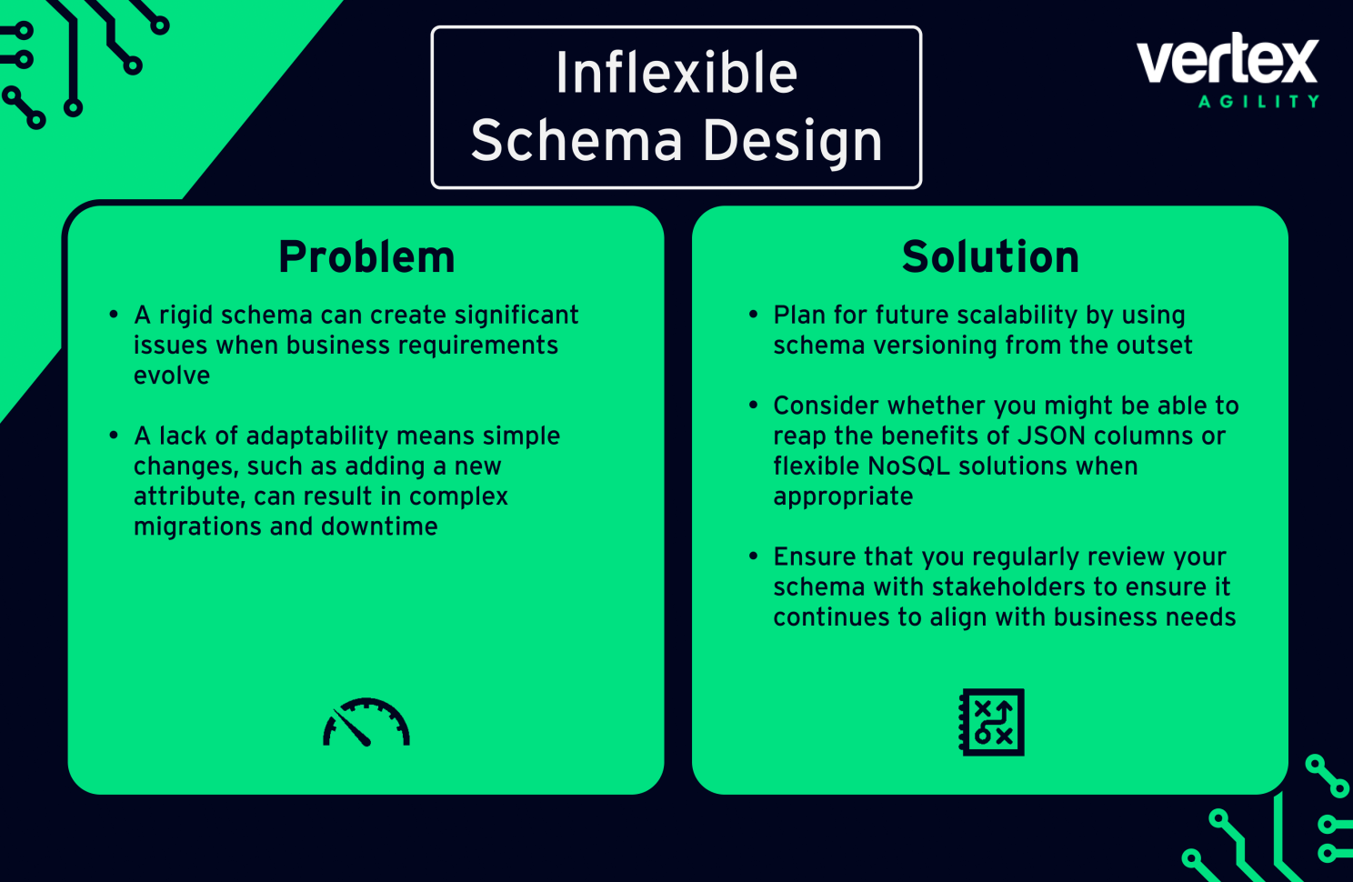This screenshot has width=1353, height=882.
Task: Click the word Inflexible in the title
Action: [x=676, y=73]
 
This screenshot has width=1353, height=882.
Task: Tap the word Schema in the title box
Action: [x=576, y=141]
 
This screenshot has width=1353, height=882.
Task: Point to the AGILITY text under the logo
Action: [x=1258, y=102]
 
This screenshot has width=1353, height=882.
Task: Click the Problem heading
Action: [x=366, y=257]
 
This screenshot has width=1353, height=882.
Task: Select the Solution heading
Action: [x=990, y=257]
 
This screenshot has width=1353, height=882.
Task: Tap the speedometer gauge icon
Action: [x=366, y=723]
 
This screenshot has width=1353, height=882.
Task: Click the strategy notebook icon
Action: [x=991, y=722]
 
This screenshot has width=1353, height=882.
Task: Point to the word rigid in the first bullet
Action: [x=186, y=316]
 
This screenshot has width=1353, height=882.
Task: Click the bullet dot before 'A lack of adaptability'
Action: [x=114, y=436]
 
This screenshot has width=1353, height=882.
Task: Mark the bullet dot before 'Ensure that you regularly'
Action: [x=753, y=556]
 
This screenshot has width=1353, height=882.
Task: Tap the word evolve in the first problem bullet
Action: [x=172, y=376]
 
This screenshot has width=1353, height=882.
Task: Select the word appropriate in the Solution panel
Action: [x=843, y=497]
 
